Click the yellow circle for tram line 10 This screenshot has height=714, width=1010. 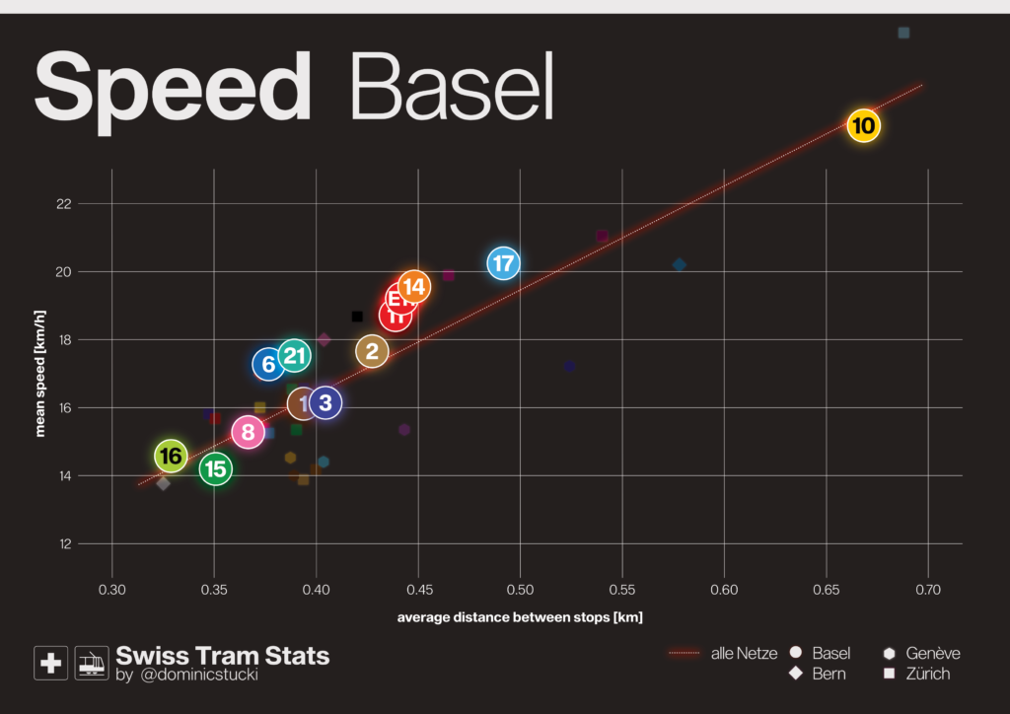[x=863, y=126]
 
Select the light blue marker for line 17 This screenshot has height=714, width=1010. [x=503, y=263]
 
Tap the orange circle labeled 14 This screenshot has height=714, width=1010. [x=414, y=287]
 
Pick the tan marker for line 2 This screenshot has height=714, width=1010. [x=372, y=351]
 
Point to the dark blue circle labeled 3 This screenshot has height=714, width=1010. [x=325, y=402]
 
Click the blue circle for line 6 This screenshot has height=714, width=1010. [x=268, y=365]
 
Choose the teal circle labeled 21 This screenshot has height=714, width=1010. [x=294, y=356]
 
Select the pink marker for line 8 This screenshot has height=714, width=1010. [x=248, y=432]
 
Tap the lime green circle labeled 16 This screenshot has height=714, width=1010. [x=171, y=456]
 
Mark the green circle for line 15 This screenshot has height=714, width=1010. [x=215, y=469]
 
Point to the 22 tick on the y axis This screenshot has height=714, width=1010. [x=91, y=204]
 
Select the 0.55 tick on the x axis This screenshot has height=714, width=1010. [x=621, y=589]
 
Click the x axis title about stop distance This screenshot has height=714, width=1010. [x=520, y=617]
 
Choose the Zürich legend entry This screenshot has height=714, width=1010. [x=926, y=674]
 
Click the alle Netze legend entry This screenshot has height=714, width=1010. [x=744, y=653]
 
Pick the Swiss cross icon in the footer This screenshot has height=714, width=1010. [x=50, y=663]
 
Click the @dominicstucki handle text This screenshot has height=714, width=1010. [x=196, y=676]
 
